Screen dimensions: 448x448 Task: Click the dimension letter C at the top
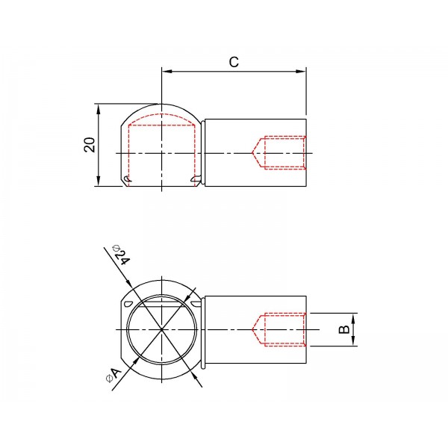click(x=234, y=62)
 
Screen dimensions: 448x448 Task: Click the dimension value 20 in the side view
click(x=90, y=145)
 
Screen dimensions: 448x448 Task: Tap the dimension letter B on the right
click(x=343, y=329)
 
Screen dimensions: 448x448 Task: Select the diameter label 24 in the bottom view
click(x=123, y=257)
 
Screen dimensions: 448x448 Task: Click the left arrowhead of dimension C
click(x=167, y=71)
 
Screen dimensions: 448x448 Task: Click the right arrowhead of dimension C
click(x=301, y=71)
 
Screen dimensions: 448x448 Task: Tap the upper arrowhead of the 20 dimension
click(x=99, y=110)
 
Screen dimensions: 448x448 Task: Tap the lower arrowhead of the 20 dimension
click(x=99, y=181)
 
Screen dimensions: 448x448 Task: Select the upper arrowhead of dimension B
click(x=353, y=318)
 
